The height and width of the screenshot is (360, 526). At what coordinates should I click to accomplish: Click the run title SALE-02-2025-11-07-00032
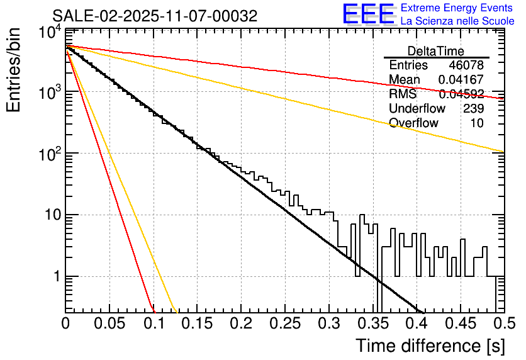(x=155, y=16)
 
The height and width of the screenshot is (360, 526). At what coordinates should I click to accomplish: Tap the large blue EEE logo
(x=369, y=14)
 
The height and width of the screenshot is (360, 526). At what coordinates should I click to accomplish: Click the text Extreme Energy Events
(x=457, y=8)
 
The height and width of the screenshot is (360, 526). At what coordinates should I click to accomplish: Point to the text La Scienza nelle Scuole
(x=457, y=21)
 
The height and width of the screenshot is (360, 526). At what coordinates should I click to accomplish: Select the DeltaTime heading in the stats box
(x=436, y=51)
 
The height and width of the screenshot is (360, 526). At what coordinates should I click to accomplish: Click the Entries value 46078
(x=466, y=65)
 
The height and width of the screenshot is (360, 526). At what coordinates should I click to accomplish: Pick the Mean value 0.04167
(x=461, y=80)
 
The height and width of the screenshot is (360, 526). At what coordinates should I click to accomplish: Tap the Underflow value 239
(x=473, y=109)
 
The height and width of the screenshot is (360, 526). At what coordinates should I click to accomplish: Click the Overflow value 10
(x=477, y=123)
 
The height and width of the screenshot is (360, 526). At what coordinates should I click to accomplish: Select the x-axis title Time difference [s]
(x=429, y=346)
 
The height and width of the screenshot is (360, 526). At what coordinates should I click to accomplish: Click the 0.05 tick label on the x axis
(x=109, y=324)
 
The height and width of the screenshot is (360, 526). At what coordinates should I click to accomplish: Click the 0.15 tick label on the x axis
(x=197, y=324)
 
